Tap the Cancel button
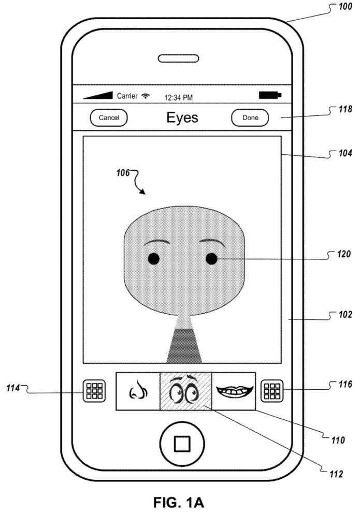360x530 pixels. pos(109,118)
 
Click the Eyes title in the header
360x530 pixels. pos(182,117)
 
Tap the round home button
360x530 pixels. pos(181,443)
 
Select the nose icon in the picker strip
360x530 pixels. pos(137,391)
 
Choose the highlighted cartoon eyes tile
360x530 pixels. pos(185,391)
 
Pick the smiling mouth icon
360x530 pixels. pos(234,391)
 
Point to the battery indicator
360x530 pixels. pos(270,96)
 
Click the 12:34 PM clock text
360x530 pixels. pos(178,97)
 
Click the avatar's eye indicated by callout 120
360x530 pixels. pos(211,259)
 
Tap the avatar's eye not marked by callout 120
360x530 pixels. pos(153,259)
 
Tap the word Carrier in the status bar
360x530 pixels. pos(127,96)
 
